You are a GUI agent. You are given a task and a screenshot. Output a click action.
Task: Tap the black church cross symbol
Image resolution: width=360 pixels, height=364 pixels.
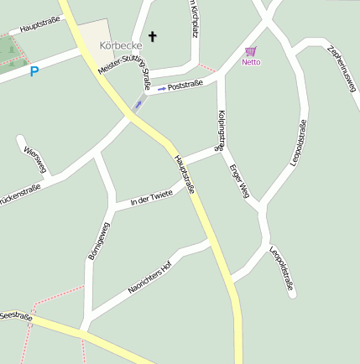coord(153,36)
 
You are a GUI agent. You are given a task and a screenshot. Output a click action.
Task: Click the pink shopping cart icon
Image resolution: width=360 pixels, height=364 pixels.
coord(250,51)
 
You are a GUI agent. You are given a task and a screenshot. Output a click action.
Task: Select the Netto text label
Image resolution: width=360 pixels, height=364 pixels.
coord(251,62)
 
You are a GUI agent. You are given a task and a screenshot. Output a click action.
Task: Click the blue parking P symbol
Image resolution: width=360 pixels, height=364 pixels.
coord(34,72)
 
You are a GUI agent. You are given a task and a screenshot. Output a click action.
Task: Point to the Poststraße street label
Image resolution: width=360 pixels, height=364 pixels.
coord(185,86)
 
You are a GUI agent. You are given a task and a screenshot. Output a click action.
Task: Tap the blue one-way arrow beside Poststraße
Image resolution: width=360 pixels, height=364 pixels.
coord(162,88)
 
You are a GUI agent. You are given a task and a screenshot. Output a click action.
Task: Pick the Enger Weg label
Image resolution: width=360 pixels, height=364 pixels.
coord(239,179)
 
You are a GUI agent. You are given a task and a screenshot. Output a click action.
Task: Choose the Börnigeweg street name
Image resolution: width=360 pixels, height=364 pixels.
coord(98,241)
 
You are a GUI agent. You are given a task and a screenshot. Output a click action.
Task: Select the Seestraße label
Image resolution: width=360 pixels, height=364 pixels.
coord(15,317)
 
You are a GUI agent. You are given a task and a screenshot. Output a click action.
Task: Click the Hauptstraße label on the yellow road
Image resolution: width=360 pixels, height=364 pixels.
coord(185,174)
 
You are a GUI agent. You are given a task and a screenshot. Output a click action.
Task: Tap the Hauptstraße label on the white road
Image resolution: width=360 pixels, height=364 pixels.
coord(37,27)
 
